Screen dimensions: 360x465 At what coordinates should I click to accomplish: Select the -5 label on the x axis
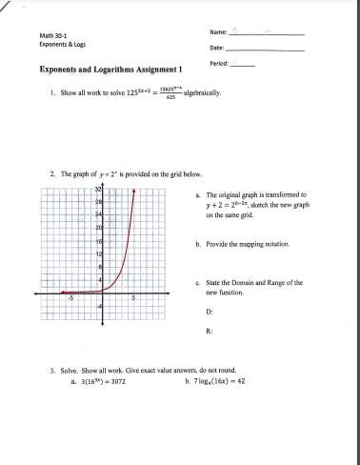[70, 298]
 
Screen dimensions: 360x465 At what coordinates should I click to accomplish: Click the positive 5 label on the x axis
[133, 298]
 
